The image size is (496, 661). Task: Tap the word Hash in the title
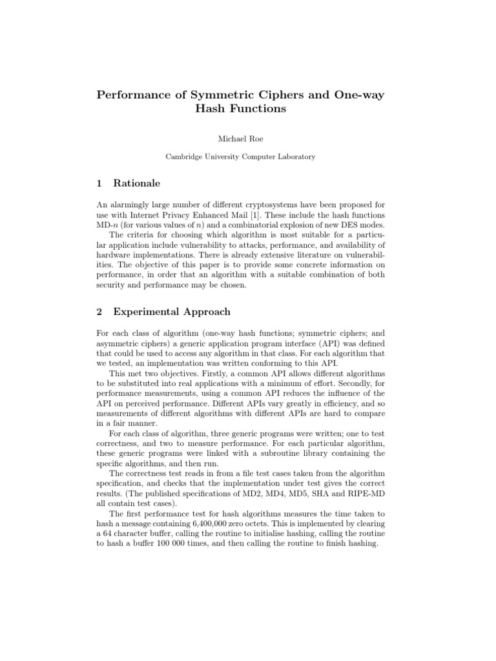click(211, 109)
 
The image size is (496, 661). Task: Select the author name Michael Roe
click(248, 137)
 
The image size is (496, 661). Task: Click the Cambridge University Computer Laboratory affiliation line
click(248, 156)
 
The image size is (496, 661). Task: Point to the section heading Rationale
click(136, 183)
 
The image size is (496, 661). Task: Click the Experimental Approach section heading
click(172, 312)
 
